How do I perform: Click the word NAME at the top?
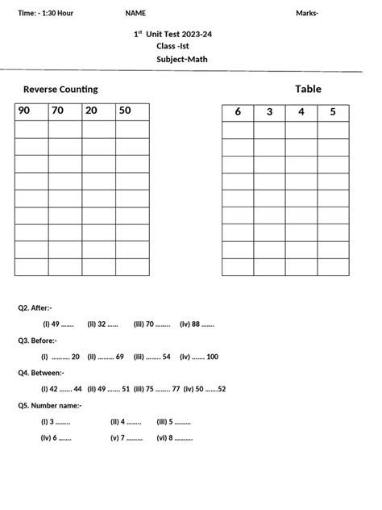(x=135, y=13)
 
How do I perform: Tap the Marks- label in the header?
(x=307, y=13)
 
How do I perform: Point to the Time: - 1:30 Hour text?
(x=45, y=13)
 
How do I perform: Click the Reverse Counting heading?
(x=60, y=89)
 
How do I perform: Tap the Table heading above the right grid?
(x=308, y=89)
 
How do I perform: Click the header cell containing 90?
(x=31, y=111)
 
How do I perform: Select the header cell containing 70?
(x=65, y=111)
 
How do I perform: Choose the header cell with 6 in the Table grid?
(x=238, y=112)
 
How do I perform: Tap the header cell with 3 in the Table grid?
(x=269, y=112)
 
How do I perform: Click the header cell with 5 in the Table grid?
(x=333, y=112)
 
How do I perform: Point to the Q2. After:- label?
(x=35, y=307)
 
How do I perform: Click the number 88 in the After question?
(x=196, y=324)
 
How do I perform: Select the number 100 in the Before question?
(x=212, y=357)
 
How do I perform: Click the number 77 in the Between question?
(x=176, y=389)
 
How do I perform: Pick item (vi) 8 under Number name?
(x=174, y=438)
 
